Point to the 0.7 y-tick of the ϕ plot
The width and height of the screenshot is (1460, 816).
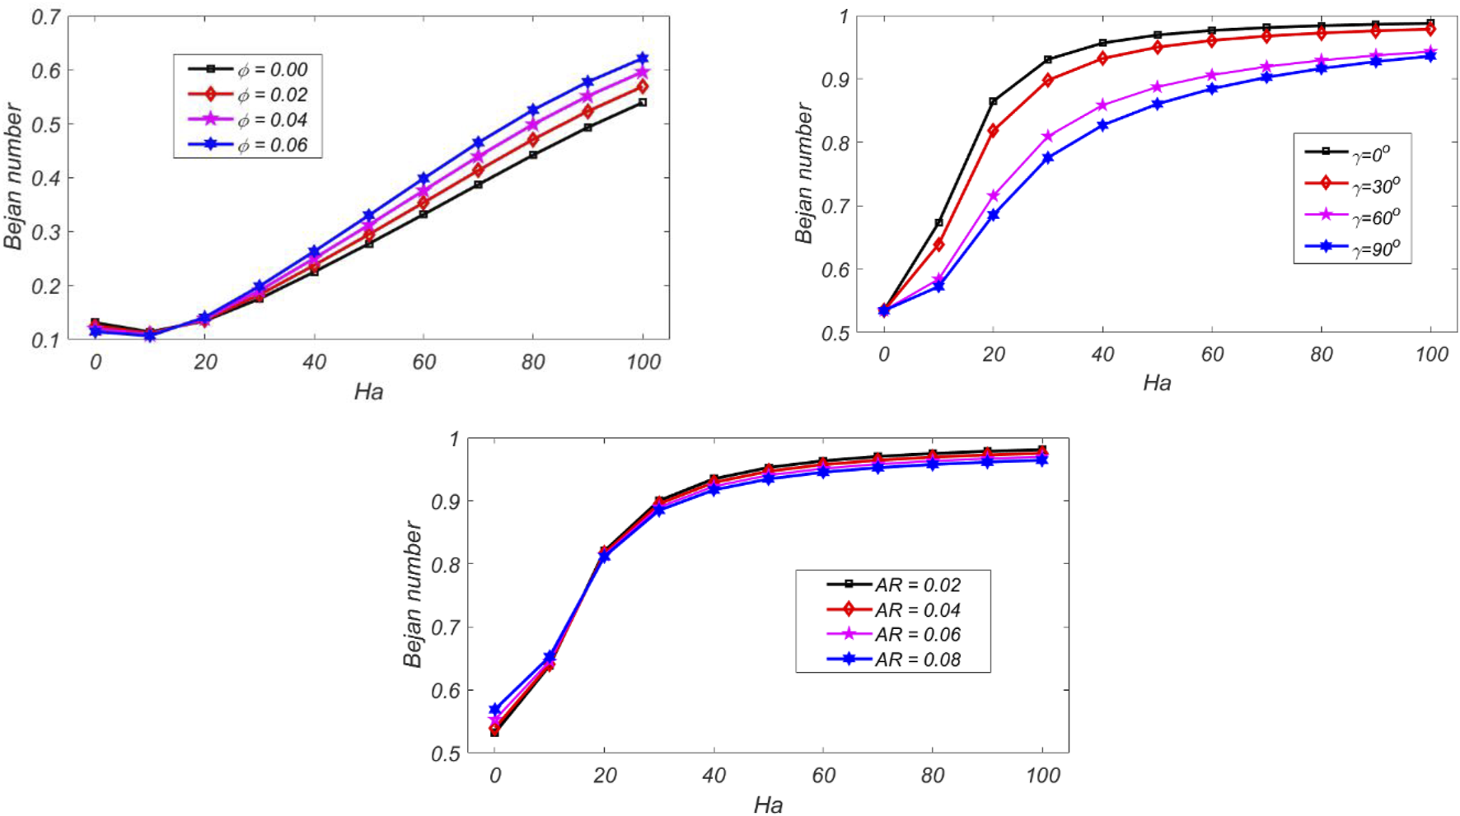[46, 17]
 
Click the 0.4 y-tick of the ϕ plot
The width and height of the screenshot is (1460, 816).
[46, 179]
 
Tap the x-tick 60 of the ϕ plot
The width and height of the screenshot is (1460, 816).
[423, 362]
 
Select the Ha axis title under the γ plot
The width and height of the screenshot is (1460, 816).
[1157, 383]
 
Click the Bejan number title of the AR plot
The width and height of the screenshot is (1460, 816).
[413, 595]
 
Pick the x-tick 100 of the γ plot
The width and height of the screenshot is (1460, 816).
[1431, 355]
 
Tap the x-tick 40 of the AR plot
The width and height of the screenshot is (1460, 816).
[714, 776]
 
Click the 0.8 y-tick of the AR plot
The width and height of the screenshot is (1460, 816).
[445, 565]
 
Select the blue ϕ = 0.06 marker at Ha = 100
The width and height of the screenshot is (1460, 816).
[643, 59]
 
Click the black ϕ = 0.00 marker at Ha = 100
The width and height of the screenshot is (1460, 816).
[643, 103]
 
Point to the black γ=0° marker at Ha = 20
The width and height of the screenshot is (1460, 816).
[993, 102]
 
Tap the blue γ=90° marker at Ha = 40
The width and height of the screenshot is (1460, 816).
[1102, 126]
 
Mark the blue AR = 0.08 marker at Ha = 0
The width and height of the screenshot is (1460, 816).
[494, 709]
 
